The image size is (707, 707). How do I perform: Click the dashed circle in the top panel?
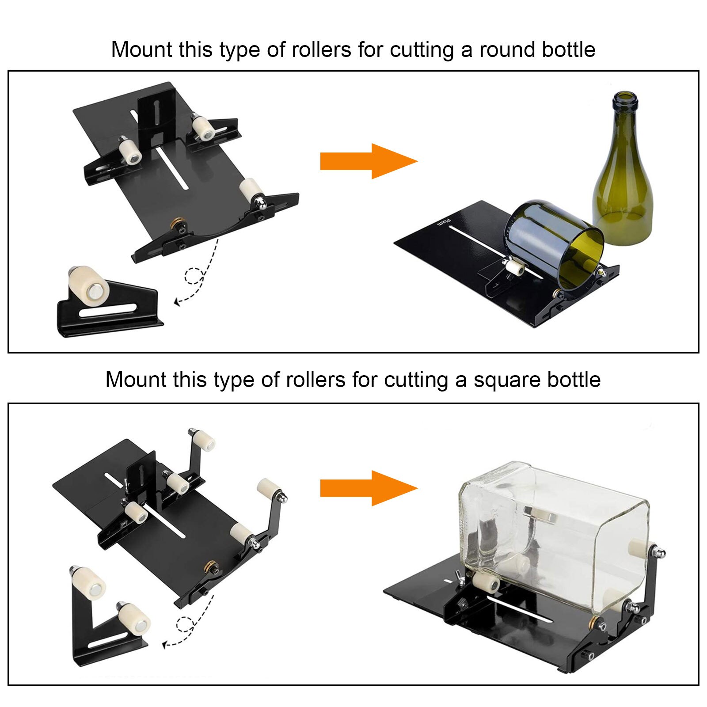[x=193, y=276]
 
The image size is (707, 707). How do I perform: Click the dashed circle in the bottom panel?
[x=184, y=624]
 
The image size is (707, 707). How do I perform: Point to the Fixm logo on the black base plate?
[x=443, y=222]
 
